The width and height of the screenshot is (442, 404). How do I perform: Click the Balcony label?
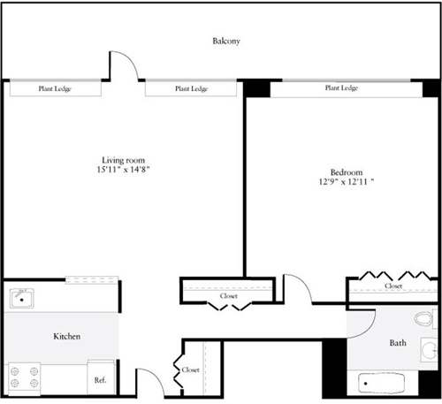coord(226,42)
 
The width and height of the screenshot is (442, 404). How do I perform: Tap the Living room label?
coord(121,160)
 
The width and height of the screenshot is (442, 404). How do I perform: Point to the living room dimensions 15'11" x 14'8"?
coord(122,170)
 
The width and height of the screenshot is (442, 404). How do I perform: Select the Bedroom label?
coord(346,172)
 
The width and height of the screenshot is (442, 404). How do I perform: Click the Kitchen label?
coord(67,337)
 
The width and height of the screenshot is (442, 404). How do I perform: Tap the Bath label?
coord(398,343)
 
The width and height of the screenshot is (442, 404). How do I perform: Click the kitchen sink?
coord(23,297)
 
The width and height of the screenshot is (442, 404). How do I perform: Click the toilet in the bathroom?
coord(425,317)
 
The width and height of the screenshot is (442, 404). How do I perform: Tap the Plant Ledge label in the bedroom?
coord(341,88)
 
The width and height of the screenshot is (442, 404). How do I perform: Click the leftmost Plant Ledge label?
coord(55,89)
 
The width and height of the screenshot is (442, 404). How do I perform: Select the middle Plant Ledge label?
coord(191,89)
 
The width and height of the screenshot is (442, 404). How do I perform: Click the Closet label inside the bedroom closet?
coord(393,286)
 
